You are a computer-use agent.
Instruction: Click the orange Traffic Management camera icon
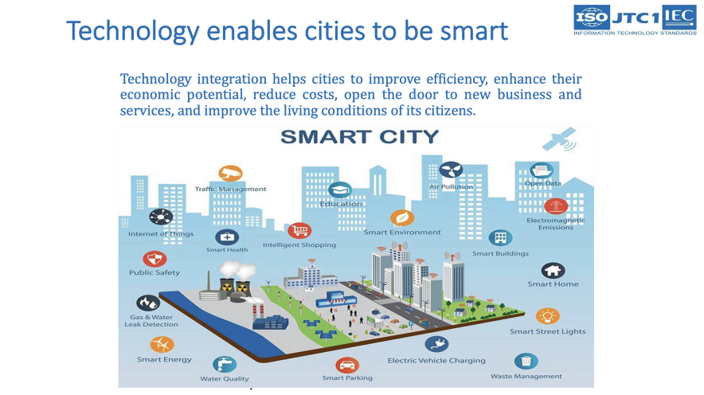(230, 173)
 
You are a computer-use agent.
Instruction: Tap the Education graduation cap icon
(340, 190)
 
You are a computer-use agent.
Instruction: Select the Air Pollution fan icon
(451, 170)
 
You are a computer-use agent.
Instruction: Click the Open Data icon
(542, 170)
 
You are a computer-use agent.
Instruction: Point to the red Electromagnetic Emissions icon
(556, 206)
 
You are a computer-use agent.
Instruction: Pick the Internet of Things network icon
(161, 217)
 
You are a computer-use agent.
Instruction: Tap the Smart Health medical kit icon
(227, 237)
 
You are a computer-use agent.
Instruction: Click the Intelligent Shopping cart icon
(299, 231)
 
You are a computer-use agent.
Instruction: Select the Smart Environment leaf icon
(402, 217)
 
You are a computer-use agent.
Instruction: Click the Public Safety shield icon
(154, 259)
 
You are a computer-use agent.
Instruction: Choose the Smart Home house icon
(553, 270)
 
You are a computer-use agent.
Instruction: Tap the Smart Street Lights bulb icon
(547, 316)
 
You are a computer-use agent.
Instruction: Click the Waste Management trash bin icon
(526, 362)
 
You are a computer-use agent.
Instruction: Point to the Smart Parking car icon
(347, 366)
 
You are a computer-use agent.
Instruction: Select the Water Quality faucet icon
(225, 364)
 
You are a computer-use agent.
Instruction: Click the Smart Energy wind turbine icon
(162, 345)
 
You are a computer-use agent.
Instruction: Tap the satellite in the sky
(559, 139)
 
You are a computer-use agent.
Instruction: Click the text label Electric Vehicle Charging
(436, 361)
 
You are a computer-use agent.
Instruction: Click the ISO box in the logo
(592, 18)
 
